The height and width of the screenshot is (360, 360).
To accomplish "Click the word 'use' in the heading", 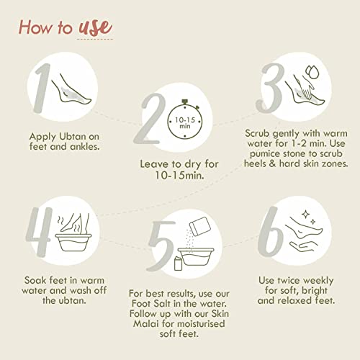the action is (96, 27).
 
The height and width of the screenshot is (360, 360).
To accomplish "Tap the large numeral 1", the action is (42, 88).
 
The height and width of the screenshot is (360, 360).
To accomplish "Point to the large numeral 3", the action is (270, 88).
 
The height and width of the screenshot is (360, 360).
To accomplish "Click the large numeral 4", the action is (40, 232).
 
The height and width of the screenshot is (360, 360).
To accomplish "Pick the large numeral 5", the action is (161, 246).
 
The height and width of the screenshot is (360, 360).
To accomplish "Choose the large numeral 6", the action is (270, 232).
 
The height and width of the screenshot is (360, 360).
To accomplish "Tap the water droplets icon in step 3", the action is (312, 72).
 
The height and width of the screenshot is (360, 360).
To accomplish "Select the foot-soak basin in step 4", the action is (73, 243).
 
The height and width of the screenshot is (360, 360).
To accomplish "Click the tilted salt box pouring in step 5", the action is (200, 226).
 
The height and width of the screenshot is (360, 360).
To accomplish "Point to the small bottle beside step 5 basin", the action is (178, 264).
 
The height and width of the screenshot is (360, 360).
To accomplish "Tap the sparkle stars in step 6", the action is (309, 217).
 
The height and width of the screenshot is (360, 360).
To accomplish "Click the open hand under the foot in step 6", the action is (304, 247).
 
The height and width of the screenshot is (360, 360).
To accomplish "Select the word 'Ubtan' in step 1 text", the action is (73, 136).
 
